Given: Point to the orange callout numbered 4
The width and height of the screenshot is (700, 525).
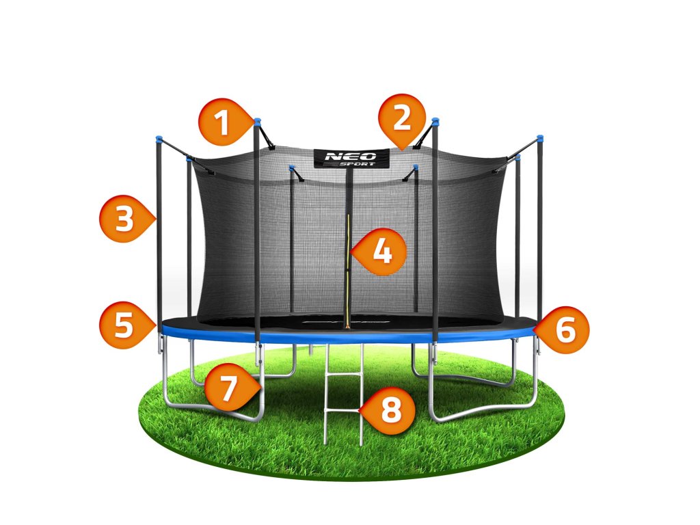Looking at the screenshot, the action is click(x=382, y=252).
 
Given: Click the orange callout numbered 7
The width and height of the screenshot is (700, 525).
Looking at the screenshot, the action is click(x=228, y=388).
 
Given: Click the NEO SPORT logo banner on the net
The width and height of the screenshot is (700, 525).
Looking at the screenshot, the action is click(x=351, y=158).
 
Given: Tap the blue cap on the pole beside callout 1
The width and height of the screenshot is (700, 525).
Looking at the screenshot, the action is click(x=257, y=122).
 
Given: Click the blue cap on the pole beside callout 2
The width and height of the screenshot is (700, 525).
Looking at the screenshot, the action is click(x=435, y=122).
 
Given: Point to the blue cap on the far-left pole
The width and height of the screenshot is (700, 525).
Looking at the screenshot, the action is click(x=158, y=139).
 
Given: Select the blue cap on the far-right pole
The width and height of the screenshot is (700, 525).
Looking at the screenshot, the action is click(x=540, y=138).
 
